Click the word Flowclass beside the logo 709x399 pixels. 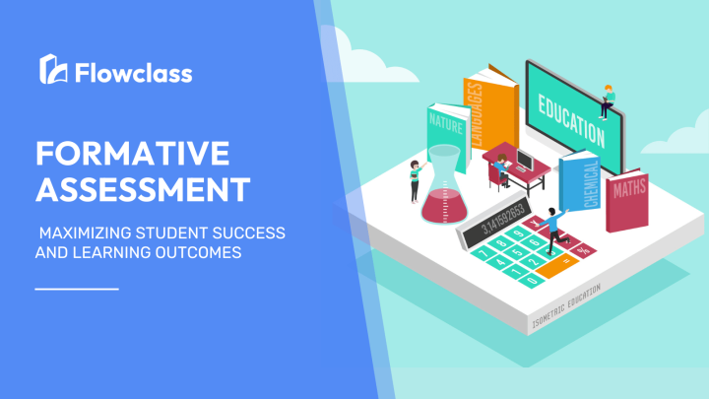pyautogui.click(x=129, y=72)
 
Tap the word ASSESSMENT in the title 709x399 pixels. pyautogui.click(x=142, y=187)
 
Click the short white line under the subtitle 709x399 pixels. pyautogui.click(x=77, y=289)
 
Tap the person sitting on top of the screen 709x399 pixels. pyautogui.click(x=608, y=97)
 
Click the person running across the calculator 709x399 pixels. pyautogui.click(x=550, y=226)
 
